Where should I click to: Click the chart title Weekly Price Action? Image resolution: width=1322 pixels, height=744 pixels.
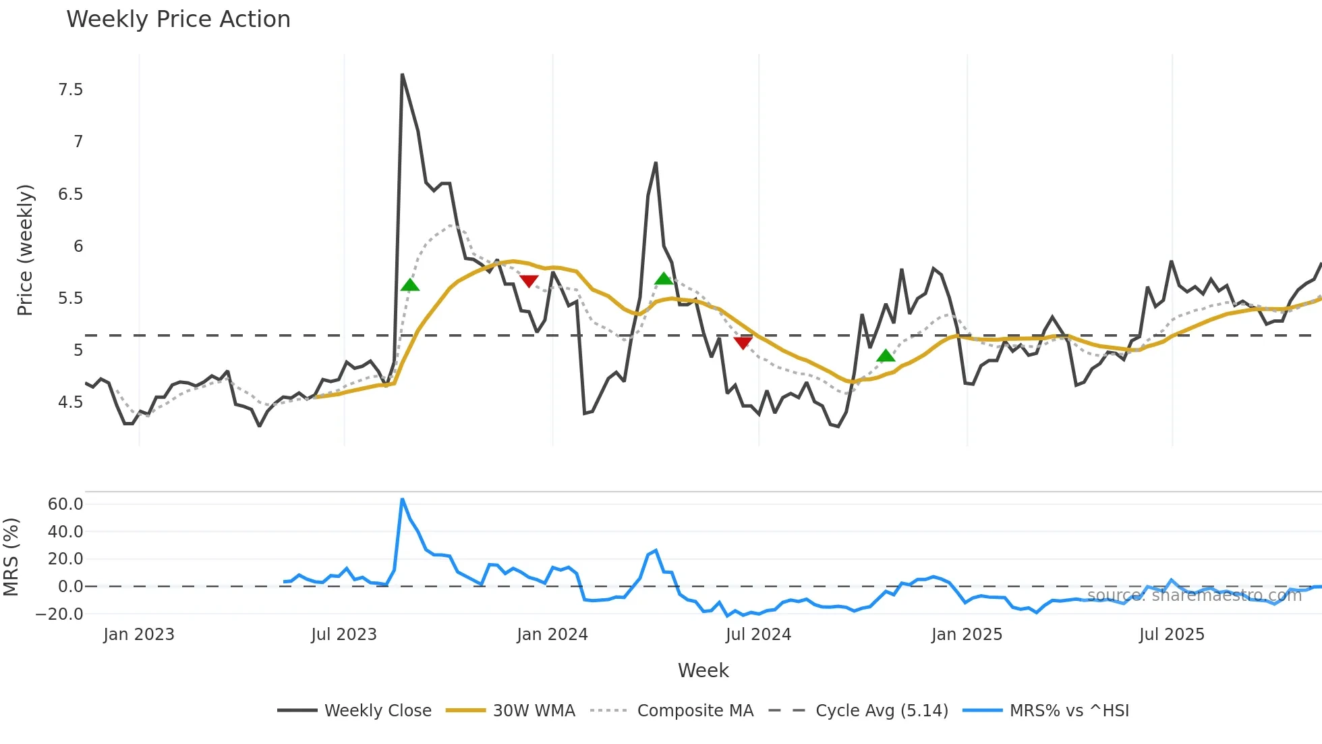(x=178, y=20)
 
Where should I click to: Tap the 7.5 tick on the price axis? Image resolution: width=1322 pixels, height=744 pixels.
(x=70, y=90)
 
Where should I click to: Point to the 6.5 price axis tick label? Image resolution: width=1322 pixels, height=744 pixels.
(x=70, y=194)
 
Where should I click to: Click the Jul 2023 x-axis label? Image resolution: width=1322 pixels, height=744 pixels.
(x=343, y=635)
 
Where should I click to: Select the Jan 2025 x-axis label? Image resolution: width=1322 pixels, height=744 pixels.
(x=966, y=635)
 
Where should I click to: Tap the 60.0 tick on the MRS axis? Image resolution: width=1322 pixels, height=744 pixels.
(x=65, y=504)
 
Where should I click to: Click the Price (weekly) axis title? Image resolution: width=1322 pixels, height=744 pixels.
(x=25, y=250)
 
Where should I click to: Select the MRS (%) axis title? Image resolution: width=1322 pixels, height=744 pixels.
(x=11, y=557)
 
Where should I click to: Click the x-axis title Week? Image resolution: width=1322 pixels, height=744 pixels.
(x=703, y=670)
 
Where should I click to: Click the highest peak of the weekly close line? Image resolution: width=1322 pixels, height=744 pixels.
(x=402, y=74)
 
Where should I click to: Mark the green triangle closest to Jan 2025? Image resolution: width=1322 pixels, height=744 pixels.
(x=886, y=356)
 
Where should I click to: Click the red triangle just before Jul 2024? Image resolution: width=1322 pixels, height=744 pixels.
(x=743, y=343)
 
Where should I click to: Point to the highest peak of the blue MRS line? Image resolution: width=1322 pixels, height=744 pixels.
(x=402, y=499)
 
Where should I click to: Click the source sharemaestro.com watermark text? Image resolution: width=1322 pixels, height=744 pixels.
(x=1194, y=595)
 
